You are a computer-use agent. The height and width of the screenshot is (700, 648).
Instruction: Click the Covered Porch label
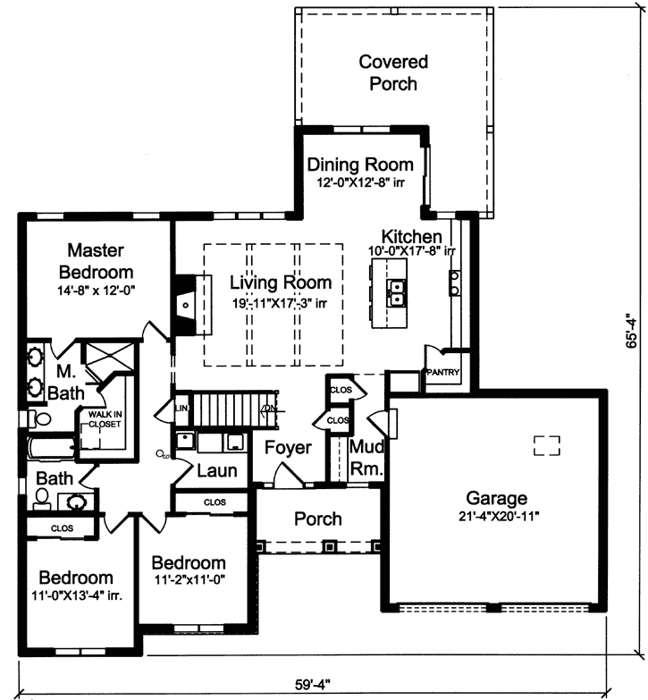[x=393, y=72]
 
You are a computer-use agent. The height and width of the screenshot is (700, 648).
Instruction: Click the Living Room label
[x=281, y=283]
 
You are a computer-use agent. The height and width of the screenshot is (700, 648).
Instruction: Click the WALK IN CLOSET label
[x=104, y=419]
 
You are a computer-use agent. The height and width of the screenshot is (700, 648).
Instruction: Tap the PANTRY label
[x=442, y=372]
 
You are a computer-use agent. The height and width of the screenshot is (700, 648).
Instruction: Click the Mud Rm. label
[x=366, y=457]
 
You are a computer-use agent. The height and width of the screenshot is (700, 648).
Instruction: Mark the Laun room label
[x=217, y=470]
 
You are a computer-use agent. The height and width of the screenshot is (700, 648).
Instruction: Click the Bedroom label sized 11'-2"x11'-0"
[x=189, y=563]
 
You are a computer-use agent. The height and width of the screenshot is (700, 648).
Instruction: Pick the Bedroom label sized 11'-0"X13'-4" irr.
[x=75, y=578]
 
